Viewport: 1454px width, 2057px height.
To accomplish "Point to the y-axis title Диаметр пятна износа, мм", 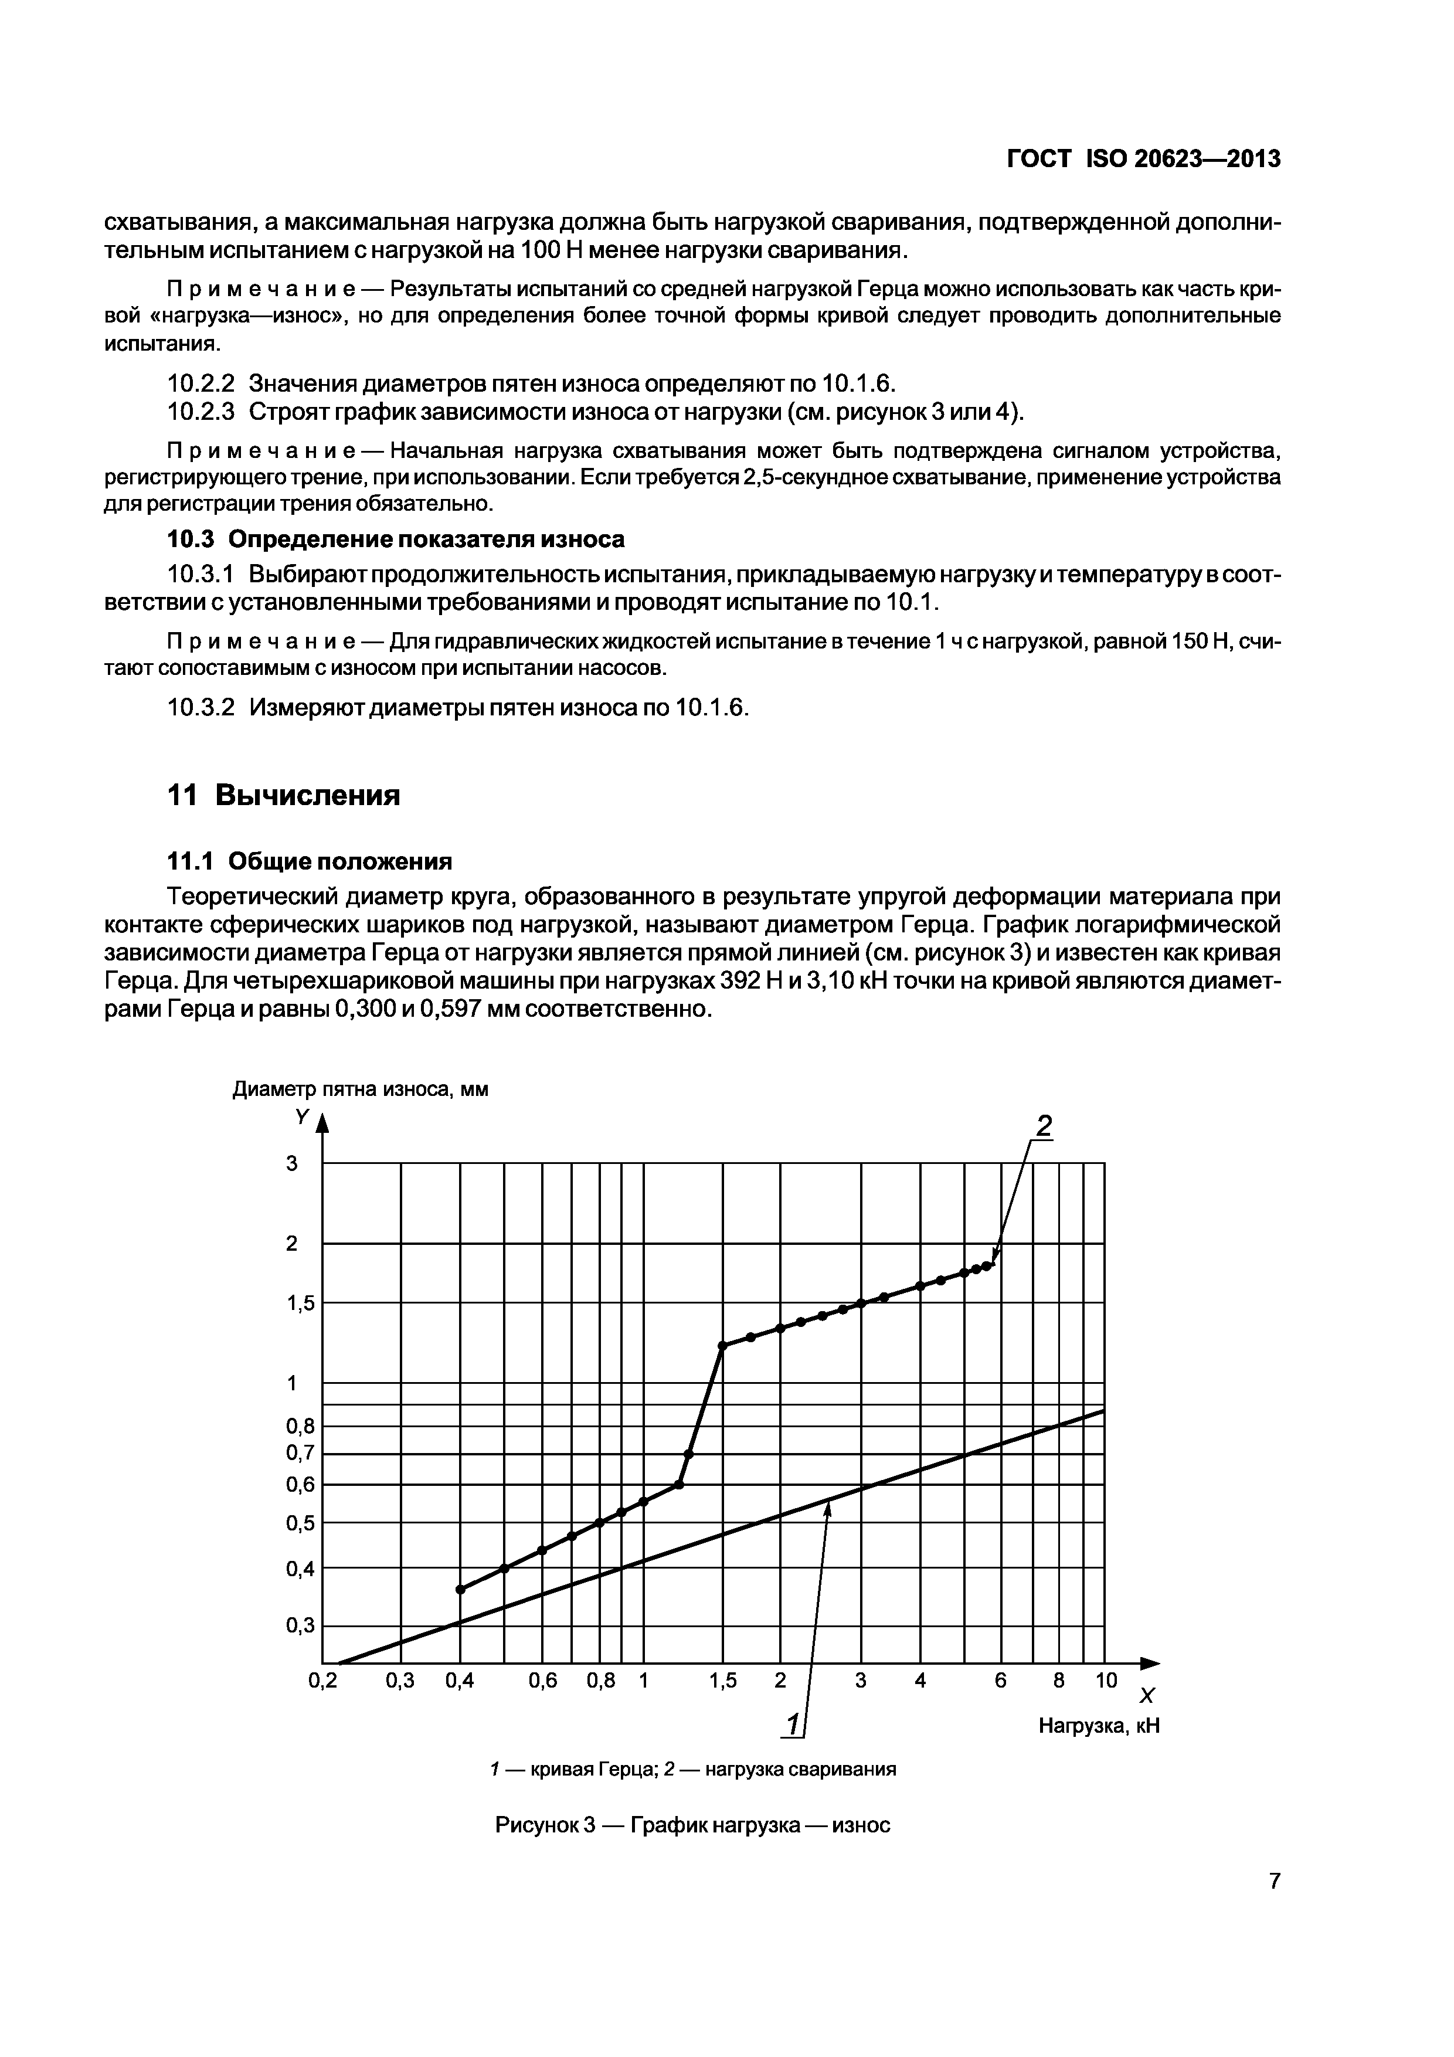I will pyautogui.click(x=360, y=1089).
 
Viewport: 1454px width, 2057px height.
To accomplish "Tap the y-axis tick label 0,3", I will pyautogui.click(x=300, y=1626).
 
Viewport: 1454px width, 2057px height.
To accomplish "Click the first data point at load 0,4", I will pyautogui.click(x=460, y=1589).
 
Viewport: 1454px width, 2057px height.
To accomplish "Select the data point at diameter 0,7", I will pyautogui.click(x=688, y=1454).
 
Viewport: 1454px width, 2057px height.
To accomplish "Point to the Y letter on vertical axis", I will pyautogui.click(x=302, y=1117).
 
